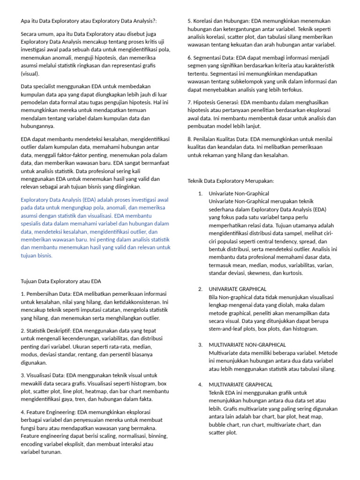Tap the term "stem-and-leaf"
pyautogui.click(x=227, y=329)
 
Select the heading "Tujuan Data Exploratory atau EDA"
pyautogui.click(x=61, y=281)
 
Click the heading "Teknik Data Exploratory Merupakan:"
pyautogui.click(x=231, y=180)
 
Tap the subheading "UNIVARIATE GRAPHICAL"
pyautogui.click(x=238, y=289)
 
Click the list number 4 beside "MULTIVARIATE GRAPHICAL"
pyautogui.click(x=200, y=384)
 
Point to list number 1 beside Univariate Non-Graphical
pyautogui.click(x=200, y=193)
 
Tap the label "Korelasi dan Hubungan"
pyautogui.click(x=221, y=21)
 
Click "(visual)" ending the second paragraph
pyautogui.click(x=30, y=74)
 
